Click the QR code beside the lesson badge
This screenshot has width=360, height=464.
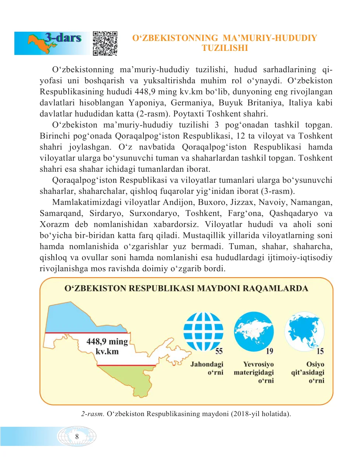click(105, 43)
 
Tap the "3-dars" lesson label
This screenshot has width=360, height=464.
click(63, 38)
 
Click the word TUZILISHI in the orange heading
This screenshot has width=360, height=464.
click(225, 48)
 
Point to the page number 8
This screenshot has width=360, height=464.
click(77, 436)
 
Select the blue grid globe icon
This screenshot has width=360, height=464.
click(203, 331)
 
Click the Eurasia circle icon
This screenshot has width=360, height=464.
click(254, 331)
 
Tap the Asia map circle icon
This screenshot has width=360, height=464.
click(304, 331)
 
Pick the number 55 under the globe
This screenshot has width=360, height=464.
click(219, 351)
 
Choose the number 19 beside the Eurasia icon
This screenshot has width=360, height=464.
click(270, 351)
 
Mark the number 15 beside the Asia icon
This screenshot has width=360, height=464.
click(320, 351)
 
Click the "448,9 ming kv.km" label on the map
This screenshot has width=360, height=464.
click(107, 346)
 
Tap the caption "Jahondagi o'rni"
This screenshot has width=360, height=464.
click(207, 368)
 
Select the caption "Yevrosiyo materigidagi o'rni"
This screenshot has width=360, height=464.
click(254, 372)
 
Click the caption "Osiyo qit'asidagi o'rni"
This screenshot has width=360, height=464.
click(308, 372)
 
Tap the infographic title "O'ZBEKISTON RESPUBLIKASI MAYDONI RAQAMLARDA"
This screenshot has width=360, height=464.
click(186, 289)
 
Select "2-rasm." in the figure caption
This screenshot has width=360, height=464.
click(93, 414)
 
